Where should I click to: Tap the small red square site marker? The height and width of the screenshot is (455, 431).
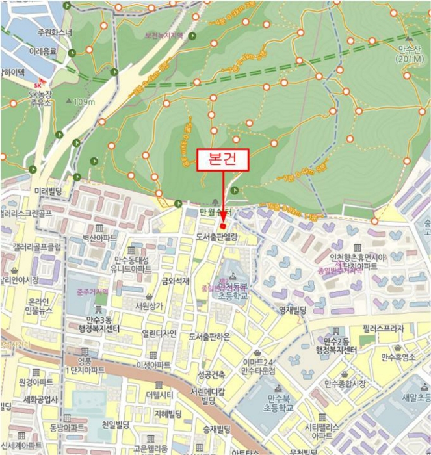tap(223, 225)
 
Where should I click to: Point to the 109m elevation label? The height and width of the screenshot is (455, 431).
tap(85, 102)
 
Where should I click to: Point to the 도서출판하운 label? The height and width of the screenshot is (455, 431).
tap(211, 337)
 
